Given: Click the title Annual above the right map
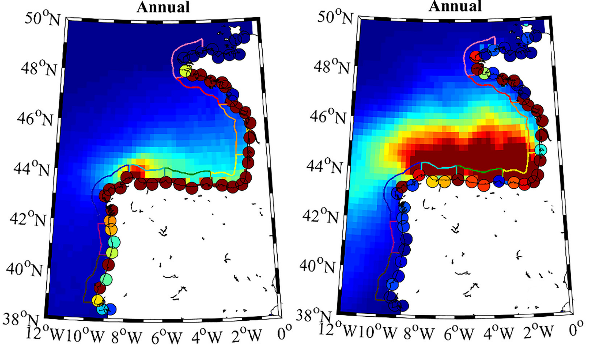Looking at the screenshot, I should point(454,6).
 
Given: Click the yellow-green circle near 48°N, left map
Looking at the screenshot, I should point(186,71).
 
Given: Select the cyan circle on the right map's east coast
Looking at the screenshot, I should point(542,150).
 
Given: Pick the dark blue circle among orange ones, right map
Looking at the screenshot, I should point(499,181).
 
